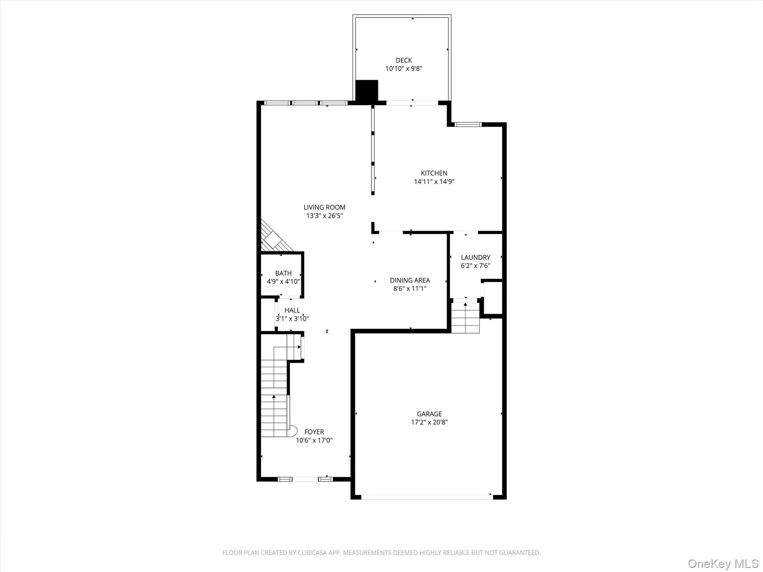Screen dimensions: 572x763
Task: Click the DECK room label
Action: click(x=404, y=60)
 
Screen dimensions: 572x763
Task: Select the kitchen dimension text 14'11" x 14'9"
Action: click(x=434, y=182)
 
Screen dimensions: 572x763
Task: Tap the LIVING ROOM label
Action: click(x=324, y=207)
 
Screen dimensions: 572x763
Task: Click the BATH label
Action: click(x=283, y=273)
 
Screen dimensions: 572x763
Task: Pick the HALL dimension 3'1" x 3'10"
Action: click(x=292, y=319)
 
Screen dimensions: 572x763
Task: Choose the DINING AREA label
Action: click(x=410, y=280)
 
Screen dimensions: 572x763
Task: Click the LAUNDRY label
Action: click(x=475, y=257)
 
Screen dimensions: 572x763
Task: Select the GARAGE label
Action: click(x=429, y=414)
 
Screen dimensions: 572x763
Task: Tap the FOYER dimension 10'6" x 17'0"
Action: click(x=314, y=440)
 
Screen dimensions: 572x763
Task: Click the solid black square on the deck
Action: click(x=367, y=90)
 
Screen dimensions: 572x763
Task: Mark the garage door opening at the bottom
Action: click(x=426, y=496)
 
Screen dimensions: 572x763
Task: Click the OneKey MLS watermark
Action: click(x=723, y=563)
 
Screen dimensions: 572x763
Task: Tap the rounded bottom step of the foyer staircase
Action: click(x=293, y=431)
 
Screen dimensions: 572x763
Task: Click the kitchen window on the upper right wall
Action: click(x=468, y=124)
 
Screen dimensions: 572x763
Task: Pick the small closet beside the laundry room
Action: click(x=493, y=298)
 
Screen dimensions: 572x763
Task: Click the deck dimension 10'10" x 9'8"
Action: click(x=404, y=69)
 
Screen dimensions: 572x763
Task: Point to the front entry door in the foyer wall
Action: click(x=305, y=479)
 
